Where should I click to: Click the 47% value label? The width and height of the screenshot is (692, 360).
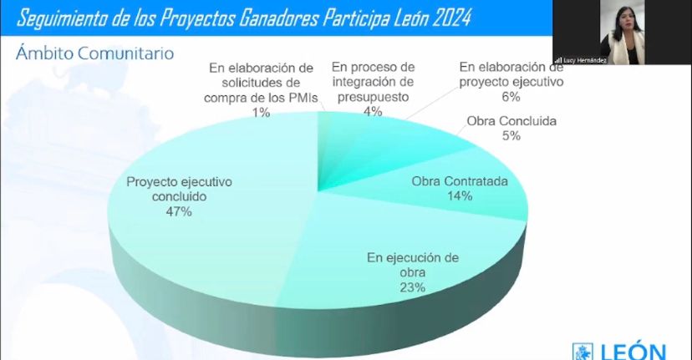(x=179, y=212)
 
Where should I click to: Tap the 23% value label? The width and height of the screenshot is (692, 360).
(x=413, y=287)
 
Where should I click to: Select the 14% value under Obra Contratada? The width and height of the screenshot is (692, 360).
(x=460, y=196)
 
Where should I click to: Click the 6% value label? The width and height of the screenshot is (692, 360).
(x=511, y=96)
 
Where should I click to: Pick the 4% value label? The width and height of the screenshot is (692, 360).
(x=373, y=111)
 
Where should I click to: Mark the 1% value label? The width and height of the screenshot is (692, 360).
(x=261, y=111)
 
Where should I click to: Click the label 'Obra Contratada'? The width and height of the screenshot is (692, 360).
(x=460, y=181)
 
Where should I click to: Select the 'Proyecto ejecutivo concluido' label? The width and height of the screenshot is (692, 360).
(x=179, y=189)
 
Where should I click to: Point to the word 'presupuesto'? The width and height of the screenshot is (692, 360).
(x=373, y=96)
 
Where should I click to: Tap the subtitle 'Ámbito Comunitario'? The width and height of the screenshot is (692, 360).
(x=94, y=53)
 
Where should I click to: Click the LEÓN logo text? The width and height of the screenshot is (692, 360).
(x=629, y=351)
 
